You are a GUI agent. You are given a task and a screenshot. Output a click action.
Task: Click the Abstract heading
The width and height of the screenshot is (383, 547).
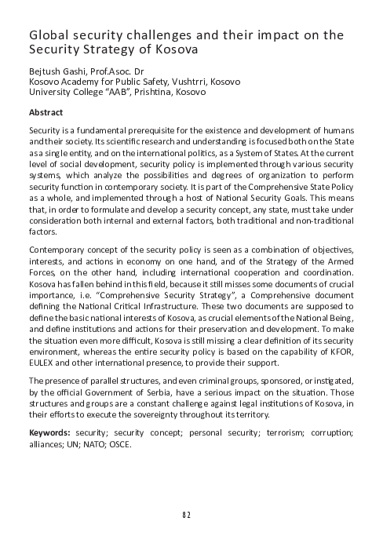click(x=46, y=111)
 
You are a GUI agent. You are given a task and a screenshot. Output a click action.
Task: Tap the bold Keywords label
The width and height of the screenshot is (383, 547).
click(x=49, y=432)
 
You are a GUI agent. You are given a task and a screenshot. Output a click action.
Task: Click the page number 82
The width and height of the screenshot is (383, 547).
click(x=191, y=515)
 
